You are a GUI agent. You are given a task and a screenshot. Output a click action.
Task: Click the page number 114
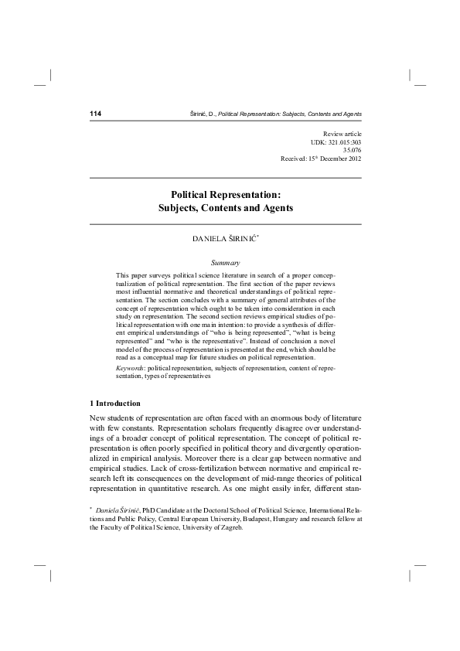[97, 114]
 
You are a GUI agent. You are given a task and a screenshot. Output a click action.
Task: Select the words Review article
[342, 135]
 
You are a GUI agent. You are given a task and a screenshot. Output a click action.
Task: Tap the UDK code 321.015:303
[343, 143]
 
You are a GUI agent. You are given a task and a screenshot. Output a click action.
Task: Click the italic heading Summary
[226, 263]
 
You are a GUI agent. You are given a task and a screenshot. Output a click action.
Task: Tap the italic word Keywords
[131, 369]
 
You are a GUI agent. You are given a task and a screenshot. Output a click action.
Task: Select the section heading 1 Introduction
[116, 404]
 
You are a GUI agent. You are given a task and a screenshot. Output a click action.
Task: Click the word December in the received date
[329, 159]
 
